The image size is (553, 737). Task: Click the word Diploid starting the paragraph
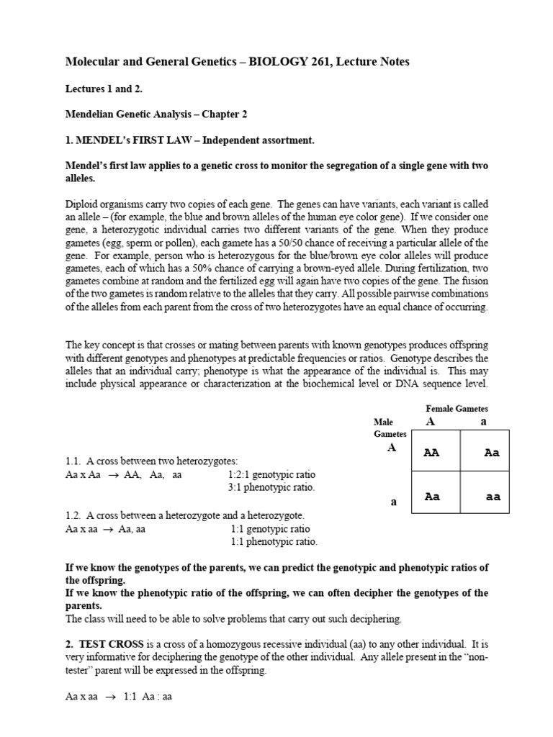81,204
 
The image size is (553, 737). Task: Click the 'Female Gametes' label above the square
457,409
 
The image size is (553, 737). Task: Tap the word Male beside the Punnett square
384,422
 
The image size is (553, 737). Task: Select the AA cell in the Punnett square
432,453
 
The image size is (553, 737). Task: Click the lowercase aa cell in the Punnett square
493,497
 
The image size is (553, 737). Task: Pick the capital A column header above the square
431,422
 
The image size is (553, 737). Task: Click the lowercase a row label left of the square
393,502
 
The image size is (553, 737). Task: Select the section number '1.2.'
72,515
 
